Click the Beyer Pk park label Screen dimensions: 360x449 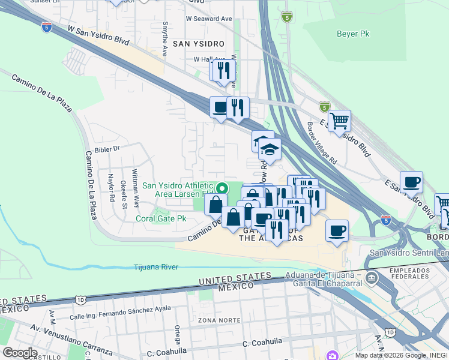click(x=352, y=34)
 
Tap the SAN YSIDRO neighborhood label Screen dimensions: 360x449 click(x=198, y=44)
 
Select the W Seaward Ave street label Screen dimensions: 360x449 click(x=208, y=19)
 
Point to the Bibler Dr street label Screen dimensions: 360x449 click(x=108, y=148)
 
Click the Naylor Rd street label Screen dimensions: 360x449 click(x=111, y=188)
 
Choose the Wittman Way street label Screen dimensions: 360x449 click(x=136, y=191)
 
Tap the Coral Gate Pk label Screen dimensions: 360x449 click(x=160, y=218)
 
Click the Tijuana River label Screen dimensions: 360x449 click(x=155, y=267)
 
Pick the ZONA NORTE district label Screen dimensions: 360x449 click(x=215, y=321)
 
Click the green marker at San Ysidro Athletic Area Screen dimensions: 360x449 click(x=221, y=188)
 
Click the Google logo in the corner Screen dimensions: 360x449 click(x=20, y=353)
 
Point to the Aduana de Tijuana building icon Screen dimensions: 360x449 click(x=372, y=278)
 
